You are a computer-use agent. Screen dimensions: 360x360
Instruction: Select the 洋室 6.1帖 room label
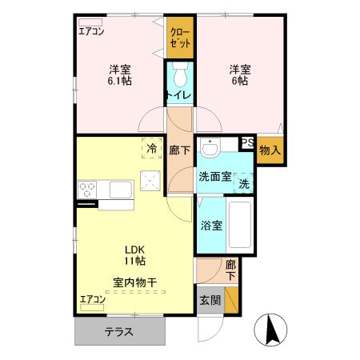point(121,74)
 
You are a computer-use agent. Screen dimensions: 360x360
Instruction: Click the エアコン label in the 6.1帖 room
point(91,31)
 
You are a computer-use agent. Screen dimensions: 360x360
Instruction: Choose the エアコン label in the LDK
point(91,300)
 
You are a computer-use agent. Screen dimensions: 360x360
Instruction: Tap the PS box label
point(247,143)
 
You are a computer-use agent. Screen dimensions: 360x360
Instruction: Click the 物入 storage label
point(270,149)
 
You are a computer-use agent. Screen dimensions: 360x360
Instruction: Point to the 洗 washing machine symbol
point(245,182)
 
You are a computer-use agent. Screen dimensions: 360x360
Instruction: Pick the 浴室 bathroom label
point(211,225)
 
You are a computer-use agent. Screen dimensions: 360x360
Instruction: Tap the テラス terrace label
point(118,331)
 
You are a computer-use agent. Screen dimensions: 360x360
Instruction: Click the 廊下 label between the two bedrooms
point(179,150)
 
